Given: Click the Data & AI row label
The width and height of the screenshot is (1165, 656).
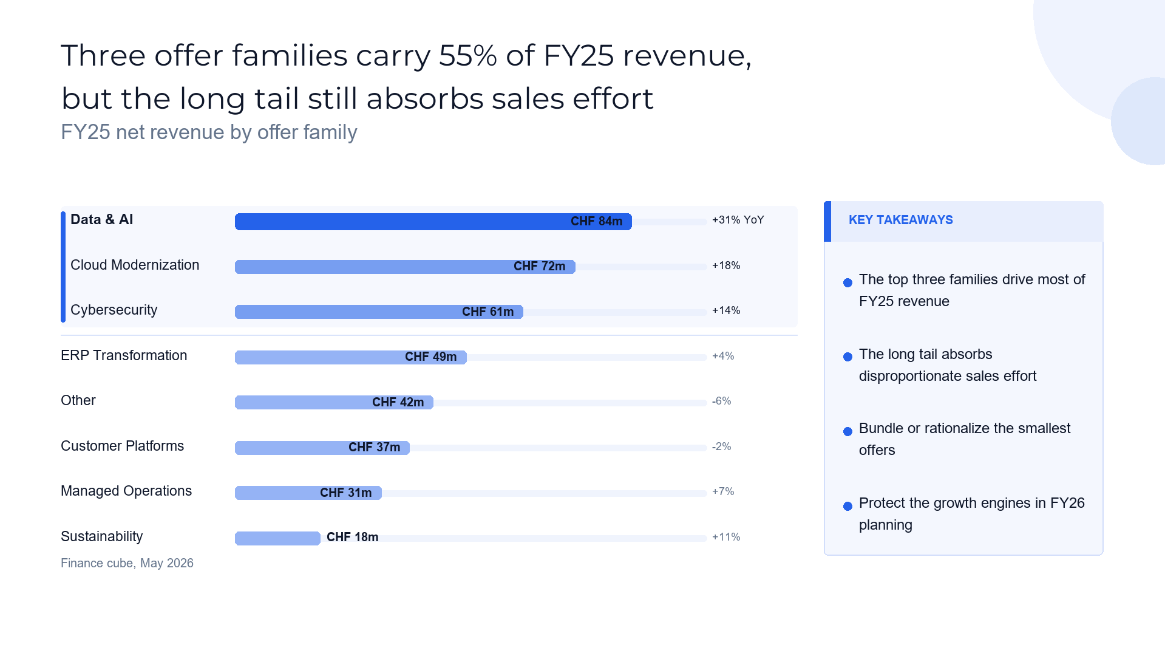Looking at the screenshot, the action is [x=101, y=220].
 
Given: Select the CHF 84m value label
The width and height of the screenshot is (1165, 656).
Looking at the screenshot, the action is [x=596, y=222].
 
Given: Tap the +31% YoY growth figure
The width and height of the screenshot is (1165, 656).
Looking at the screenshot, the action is [x=738, y=220].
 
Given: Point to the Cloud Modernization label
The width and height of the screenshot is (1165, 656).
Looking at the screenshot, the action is [x=135, y=265].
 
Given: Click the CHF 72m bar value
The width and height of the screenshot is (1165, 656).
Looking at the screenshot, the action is [x=539, y=267].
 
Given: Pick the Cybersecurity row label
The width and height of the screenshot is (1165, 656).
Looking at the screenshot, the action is [x=114, y=310].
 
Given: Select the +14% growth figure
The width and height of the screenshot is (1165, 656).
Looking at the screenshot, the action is [x=726, y=310].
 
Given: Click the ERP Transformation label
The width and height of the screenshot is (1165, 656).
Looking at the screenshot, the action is [x=124, y=355].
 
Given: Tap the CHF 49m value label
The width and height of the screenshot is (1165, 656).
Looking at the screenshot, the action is [x=430, y=357].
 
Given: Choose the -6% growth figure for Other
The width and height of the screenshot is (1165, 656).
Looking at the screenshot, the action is [x=721, y=401].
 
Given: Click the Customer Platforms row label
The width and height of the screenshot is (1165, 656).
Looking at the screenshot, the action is [x=122, y=446].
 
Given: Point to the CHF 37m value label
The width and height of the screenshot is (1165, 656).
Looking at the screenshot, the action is [x=374, y=448].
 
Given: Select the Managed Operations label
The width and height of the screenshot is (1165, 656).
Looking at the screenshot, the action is [x=126, y=491].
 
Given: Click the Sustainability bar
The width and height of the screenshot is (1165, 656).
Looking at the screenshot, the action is [x=277, y=538].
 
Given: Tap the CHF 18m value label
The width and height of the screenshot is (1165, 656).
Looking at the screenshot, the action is [x=352, y=538].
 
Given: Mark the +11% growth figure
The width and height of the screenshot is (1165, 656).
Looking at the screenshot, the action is [x=726, y=537].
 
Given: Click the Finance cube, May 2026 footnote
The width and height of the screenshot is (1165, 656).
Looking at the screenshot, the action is [x=127, y=563].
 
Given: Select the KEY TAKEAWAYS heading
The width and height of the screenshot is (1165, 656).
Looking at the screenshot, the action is [x=900, y=220].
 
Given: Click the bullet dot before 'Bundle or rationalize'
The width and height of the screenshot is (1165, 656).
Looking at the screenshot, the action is [x=847, y=431].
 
